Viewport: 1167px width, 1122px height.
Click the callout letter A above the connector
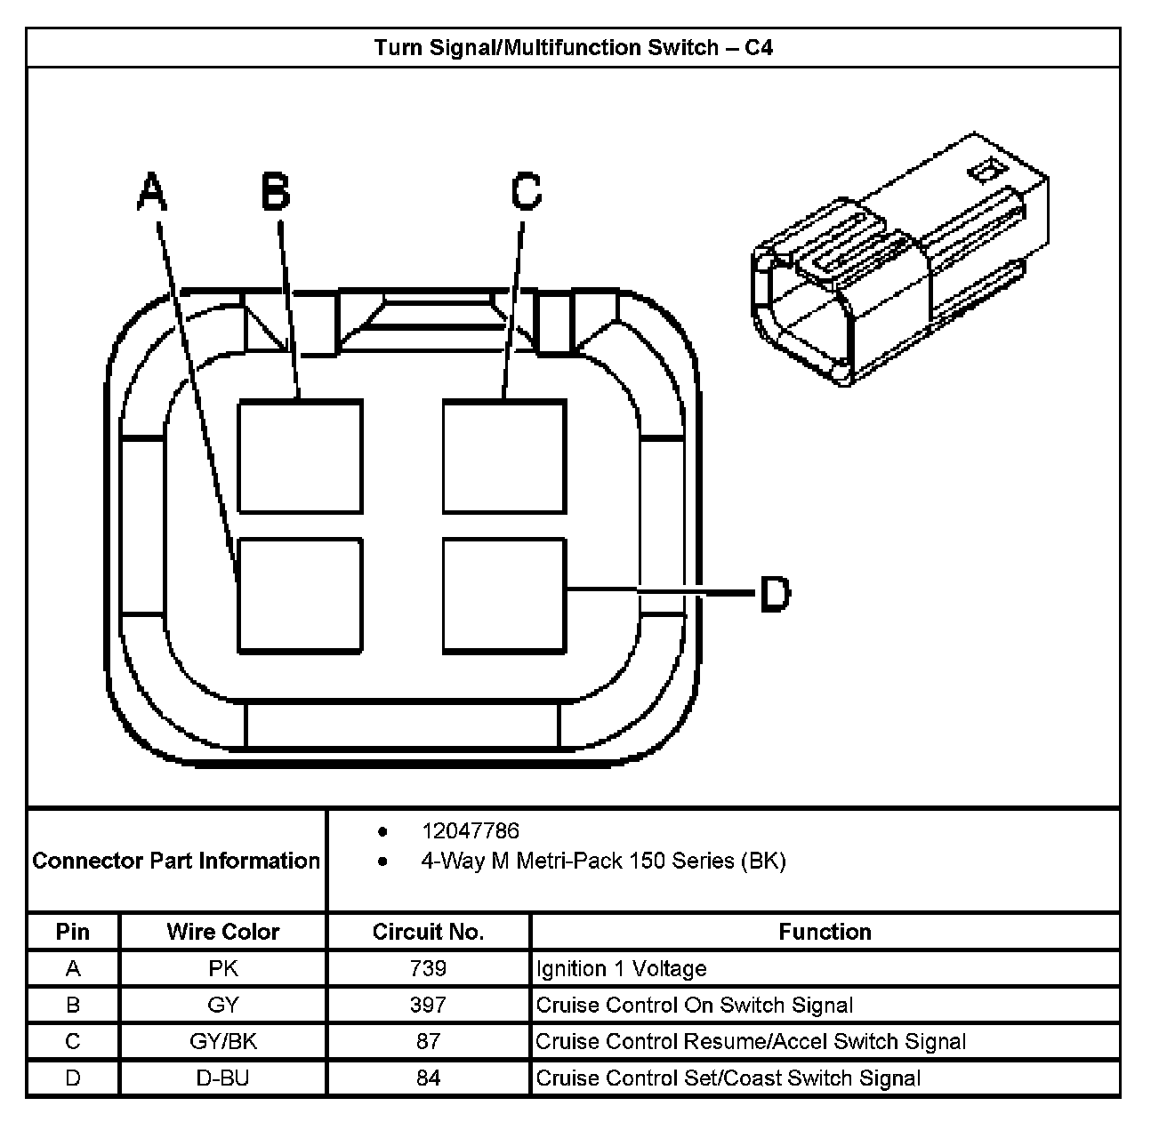pyautogui.click(x=152, y=192)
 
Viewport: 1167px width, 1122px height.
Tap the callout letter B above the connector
pyautogui.click(x=276, y=192)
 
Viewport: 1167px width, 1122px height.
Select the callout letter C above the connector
pyautogui.click(x=527, y=192)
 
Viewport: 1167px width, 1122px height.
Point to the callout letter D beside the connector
pyautogui.click(x=775, y=593)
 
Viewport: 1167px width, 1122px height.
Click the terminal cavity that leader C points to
pyautogui.click(x=503, y=456)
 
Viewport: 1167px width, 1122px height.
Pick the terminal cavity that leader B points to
pyautogui.click(x=300, y=456)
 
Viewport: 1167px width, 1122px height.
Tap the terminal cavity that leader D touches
pyautogui.click(x=503, y=595)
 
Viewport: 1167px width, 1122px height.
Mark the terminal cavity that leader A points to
pyautogui.click(x=300, y=595)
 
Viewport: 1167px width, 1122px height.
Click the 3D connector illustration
pyautogui.click(x=898, y=262)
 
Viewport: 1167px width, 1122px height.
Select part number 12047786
pyautogui.click(x=470, y=831)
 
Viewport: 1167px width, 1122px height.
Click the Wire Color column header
pyautogui.click(x=222, y=932)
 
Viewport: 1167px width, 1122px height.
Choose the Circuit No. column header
pyautogui.click(x=428, y=932)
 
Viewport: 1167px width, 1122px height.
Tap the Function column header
pyautogui.click(x=825, y=932)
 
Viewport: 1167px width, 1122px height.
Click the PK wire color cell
pyautogui.click(x=222, y=968)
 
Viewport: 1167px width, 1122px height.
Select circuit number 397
pyautogui.click(x=428, y=1005)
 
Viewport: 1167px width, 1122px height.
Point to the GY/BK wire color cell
pyautogui.click(x=222, y=1041)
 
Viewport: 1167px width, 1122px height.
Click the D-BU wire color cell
pyautogui.click(x=222, y=1078)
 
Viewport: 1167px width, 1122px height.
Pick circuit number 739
pyautogui.click(x=428, y=968)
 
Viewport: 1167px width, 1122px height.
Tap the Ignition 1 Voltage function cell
pyautogui.click(x=621, y=968)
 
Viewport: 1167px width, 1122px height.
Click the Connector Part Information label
pyautogui.click(x=176, y=861)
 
